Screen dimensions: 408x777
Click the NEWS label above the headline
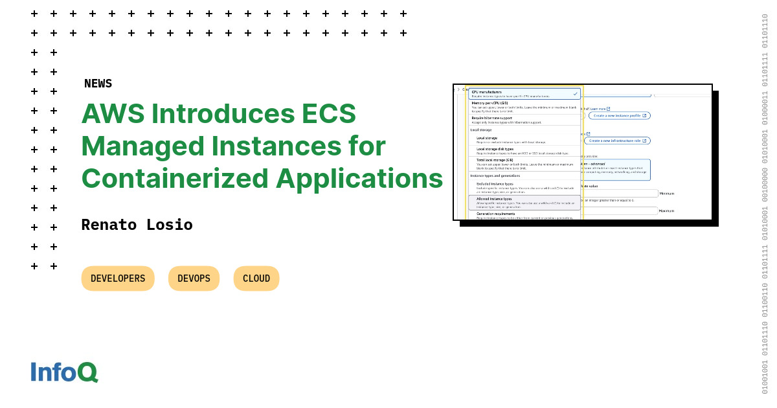(x=98, y=84)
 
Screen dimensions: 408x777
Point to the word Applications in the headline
(x=359, y=178)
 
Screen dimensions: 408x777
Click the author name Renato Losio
(x=137, y=225)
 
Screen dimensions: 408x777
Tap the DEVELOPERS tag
(x=118, y=278)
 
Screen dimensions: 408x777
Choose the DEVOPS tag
(x=194, y=278)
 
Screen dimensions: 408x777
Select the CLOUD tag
(x=256, y=278)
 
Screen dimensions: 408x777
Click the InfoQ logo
(x=64, y=372)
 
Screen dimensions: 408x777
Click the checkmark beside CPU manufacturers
(x=575, y=94)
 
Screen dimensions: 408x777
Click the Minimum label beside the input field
(x=667, y=194)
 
